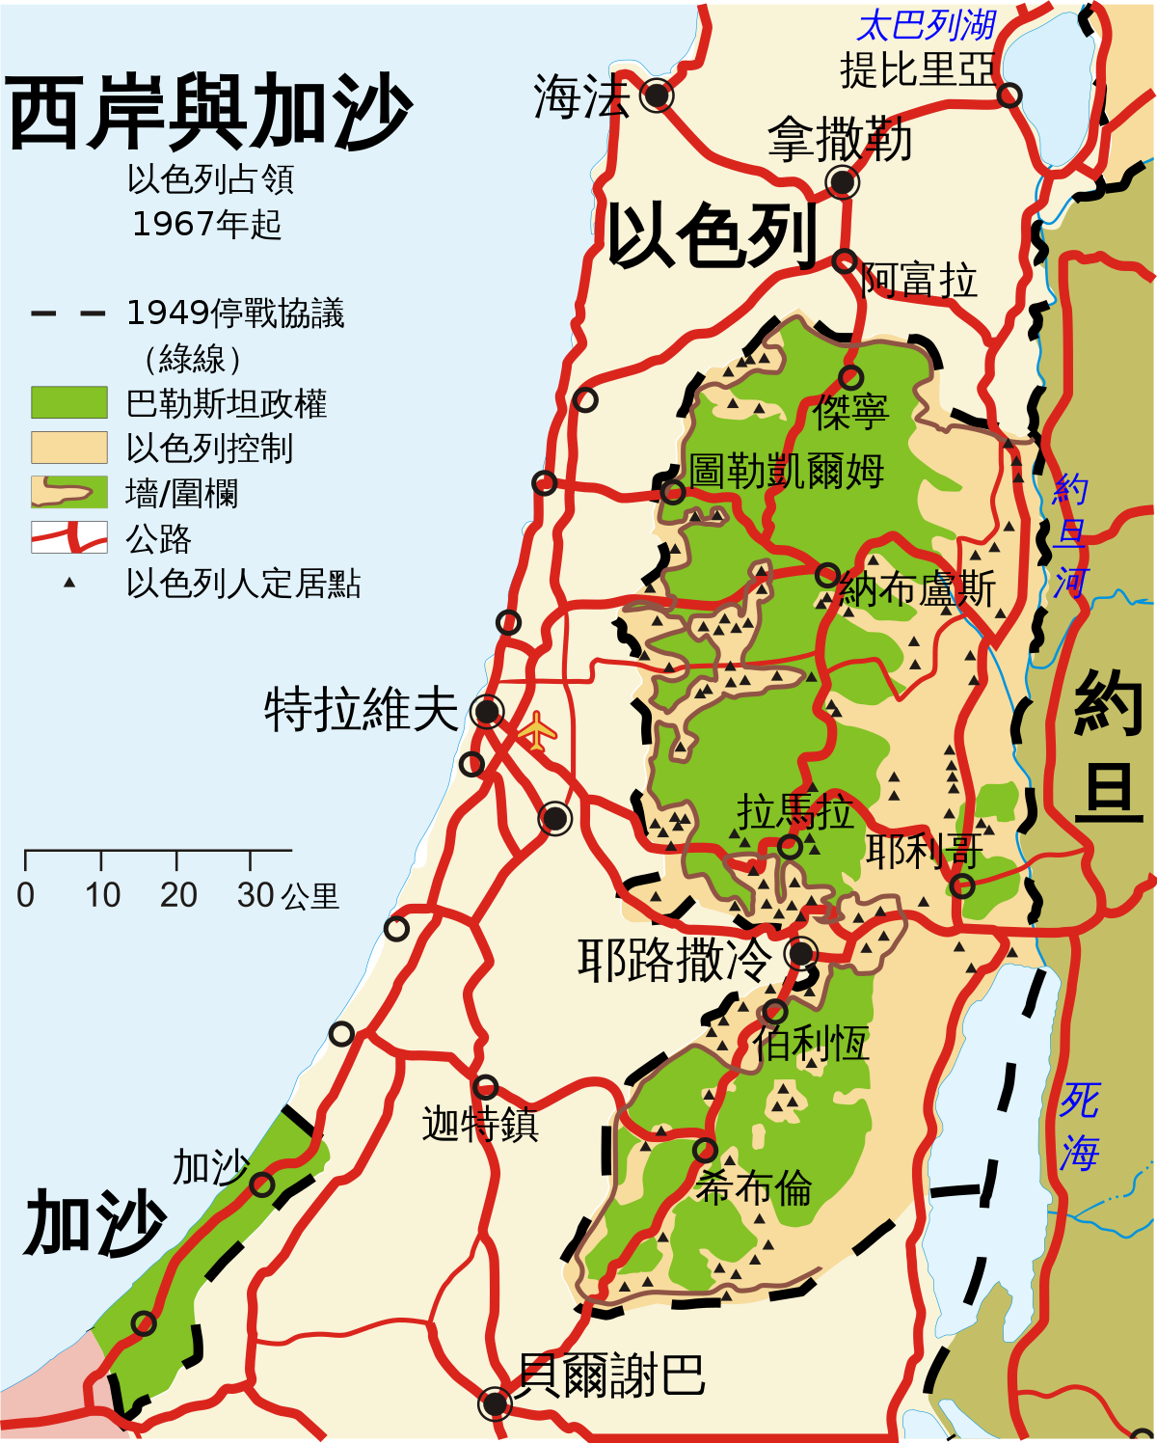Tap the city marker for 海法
657,95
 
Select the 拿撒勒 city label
840,141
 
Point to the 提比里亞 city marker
1009,95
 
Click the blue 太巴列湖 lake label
926,25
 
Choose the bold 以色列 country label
712,235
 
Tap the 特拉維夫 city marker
487,713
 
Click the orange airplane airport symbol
536,730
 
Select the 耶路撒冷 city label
675,960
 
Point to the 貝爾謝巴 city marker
495,1403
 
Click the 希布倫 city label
754,1187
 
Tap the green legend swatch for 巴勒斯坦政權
68,402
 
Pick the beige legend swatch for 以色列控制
68,448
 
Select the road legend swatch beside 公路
68,537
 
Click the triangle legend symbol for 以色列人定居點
69,583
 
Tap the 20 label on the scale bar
178,895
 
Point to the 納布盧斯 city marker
826,576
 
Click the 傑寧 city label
850,412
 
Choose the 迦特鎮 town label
480,1125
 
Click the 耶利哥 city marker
961,885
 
